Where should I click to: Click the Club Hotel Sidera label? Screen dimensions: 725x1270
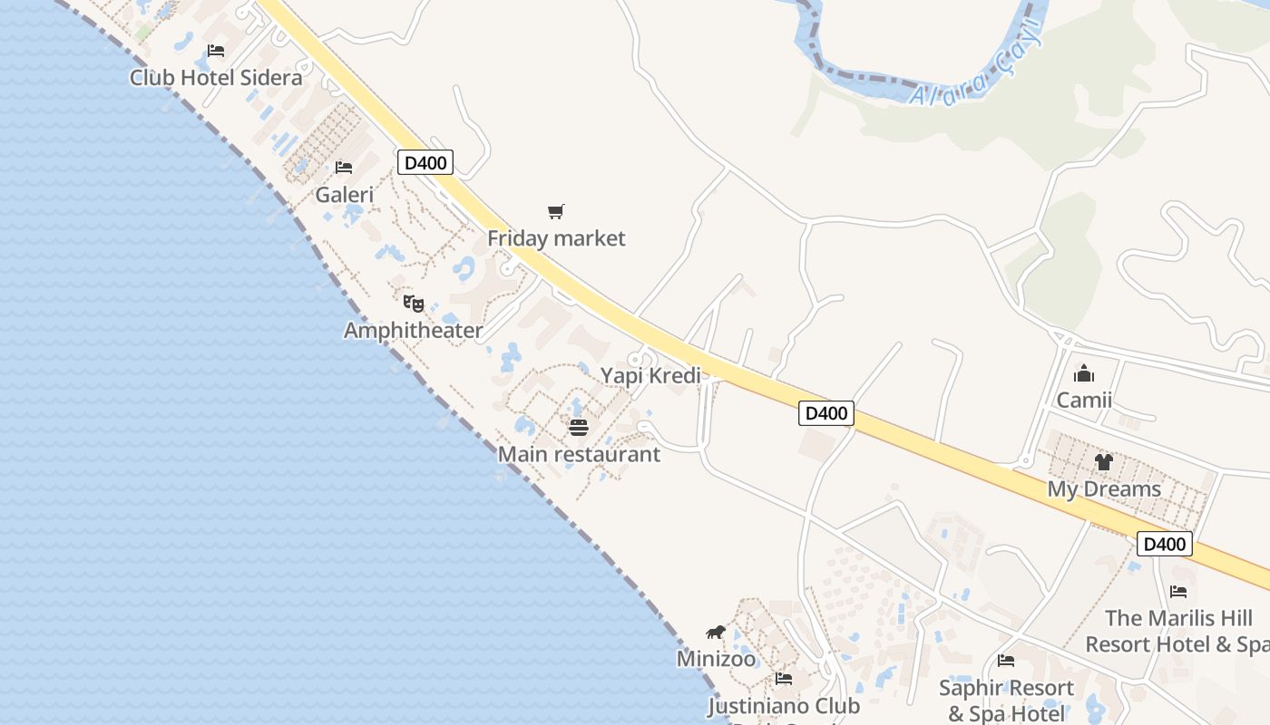pyautogui.click(x=216, y=77)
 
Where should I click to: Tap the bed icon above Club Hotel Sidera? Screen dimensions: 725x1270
pyautogui.click(x=216, y=51)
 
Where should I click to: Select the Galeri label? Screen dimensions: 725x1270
pyautogui.click(x=344, y=194)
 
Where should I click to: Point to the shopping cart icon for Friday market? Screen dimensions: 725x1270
pyautogui.click(x=556, y=212)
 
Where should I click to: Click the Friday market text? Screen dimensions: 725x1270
pyautogui.click(x=556, y=238)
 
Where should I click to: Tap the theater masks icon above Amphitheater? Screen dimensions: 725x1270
pyautogui.click(x=414, y=303)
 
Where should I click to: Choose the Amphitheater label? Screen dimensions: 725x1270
pyautogui.click(x=413, y=330)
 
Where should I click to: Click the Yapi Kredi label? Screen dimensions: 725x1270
pyautogui.click(x=650, y=375)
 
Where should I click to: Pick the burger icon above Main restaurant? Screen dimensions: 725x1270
pyautogui.click(x=579, y=428)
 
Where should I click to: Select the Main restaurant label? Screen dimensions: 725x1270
pyautogui.click(x=579, y=454)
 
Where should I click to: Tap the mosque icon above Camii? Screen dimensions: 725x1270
pyautogui.click(x=1084, y=373)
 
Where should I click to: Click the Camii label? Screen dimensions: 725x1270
pyautogui.click(x=1084, y=400)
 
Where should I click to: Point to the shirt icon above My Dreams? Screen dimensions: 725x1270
pyautogui.click(x=1103, y=462)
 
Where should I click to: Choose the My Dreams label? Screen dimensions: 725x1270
pyautogui.click(x=1104, y=488)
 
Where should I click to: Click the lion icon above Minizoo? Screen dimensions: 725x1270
pyautogui.click(x=716, y=632)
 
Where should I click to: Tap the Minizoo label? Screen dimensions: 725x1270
pyautogui.click(x=716, y=658)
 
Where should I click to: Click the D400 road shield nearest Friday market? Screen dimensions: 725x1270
pyautogui.click(x=425, y=163)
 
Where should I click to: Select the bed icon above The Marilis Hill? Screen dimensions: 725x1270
pyautogui.click(x=1178, y=592)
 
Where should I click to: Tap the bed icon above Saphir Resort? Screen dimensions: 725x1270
pyautogui.click(x=1006, y=662)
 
